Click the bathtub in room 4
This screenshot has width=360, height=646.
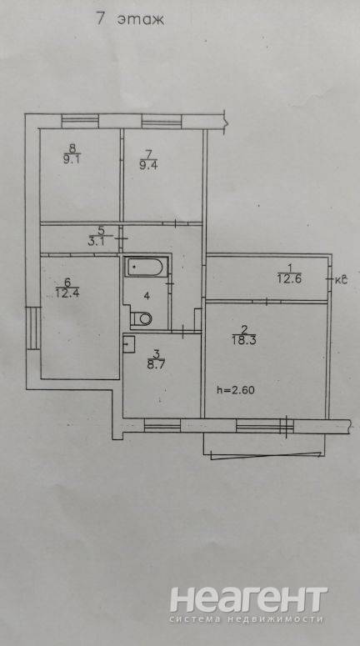pyautogui.click(x=146, y=268)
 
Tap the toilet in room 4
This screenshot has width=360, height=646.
pyautogui.click(x=142, y=318)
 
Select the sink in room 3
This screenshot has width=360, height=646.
pyautogui.click(x=129, y=344)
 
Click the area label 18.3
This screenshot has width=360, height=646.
pyautogui.click(x=244, y=340)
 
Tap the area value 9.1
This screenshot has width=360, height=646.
pyautogui.click(x=72, y=160)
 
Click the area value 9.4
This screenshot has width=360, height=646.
pyautogui.click(x=149, y=165)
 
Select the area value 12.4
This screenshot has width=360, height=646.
pyautogui.click(x=67, y=293)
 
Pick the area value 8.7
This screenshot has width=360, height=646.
pyautogui.click(x=156, y=364)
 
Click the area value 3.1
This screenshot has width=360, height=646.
pyautogui.click(x=96, y=242)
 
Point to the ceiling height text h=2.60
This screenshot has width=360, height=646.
pyautogui.click(x=236, y=390)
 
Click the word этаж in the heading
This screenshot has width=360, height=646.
pyautogui.click(x=141, y=19)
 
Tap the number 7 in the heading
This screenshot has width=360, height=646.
pyautogui.click(x=101, y=18)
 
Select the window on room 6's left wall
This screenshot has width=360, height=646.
pyautogui.click(x=33, y=328)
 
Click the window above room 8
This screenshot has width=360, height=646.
pyautogui.click(x=80, y=121)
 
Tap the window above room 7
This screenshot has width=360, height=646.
pyautogui.click(x=162, y=122)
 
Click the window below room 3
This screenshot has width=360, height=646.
pyautogui.click(x=162, y=426)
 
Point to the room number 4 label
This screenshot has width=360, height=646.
pyautogui.click(x=147, y=295)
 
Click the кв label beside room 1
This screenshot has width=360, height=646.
pyautogui.click(x=341, y=280)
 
